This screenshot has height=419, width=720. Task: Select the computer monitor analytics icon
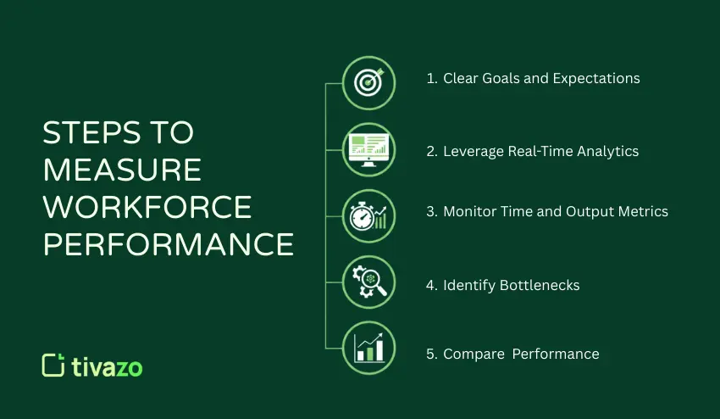click(x=368, y=149)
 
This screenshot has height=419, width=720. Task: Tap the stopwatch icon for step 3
click(x=368, y=215)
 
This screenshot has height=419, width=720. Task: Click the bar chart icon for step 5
click(x=368, y=347)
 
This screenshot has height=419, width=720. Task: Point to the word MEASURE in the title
click(x=122, y=170)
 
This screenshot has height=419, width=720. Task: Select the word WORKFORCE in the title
click(x=147, y=207)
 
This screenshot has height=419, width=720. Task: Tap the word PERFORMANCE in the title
click(x=169, y=244)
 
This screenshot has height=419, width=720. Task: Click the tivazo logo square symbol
click(x=53, y=365)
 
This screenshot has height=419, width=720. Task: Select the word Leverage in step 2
click(x=474, y=152)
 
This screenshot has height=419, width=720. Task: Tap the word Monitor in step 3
click(x=470, y=211)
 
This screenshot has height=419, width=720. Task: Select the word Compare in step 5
click(x=473, y=355)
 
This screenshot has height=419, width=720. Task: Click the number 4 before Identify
click(x=430, y=286)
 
